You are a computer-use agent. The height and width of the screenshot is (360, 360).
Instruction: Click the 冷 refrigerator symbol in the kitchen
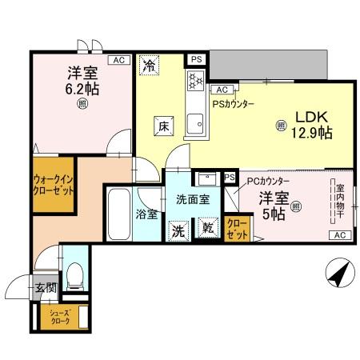click(149, 66)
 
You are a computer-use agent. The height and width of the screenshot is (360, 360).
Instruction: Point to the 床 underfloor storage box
click(162, 125)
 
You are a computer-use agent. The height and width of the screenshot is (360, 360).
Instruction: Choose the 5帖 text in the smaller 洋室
click(273, 214)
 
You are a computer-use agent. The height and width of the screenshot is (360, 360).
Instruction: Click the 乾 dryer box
click(206, 228)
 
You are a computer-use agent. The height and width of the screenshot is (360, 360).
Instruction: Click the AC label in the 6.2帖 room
click(118, 61)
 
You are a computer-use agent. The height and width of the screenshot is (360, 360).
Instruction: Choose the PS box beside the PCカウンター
click(230, 177)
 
